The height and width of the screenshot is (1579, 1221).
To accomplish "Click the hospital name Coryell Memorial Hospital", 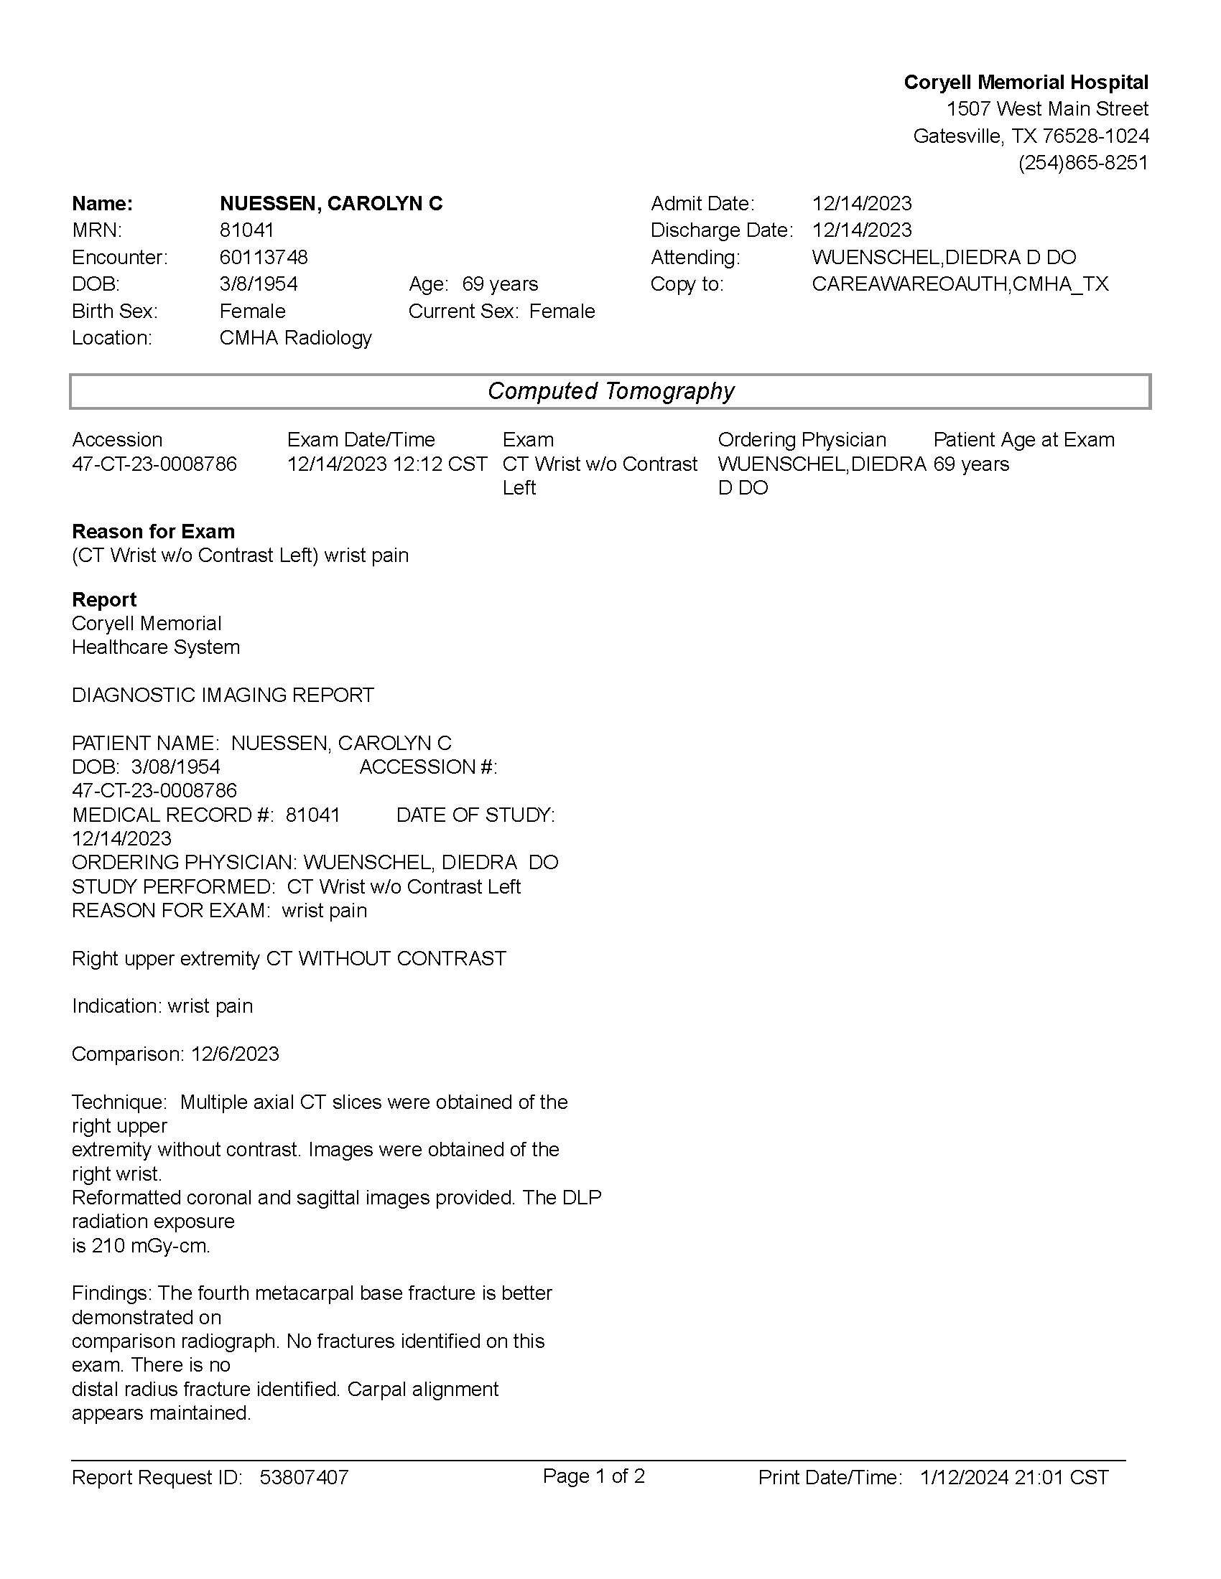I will (x=1025, y=83).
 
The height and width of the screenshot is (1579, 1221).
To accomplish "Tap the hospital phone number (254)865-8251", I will (x=1083, y=163).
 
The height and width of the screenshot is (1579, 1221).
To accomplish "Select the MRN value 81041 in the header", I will (x=246, y=230).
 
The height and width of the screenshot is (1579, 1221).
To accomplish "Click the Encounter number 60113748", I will (x=264, y=258).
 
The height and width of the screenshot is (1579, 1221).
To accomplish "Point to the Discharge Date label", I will (x=721, y=230).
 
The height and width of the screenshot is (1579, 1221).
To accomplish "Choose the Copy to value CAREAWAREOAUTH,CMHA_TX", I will (x=960, y=284).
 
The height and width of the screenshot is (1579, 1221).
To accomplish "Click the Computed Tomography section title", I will (x=610, y=391).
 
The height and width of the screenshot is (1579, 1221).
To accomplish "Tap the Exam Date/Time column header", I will (x=361, y=439).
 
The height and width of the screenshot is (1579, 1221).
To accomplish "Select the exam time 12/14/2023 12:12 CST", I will (x=387, y=464).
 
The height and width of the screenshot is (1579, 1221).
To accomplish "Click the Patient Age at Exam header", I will (x=1023, y=439).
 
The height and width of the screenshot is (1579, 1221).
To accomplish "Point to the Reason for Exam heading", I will (x=154, y=531).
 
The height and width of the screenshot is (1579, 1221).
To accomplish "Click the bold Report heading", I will (x=104, y=599).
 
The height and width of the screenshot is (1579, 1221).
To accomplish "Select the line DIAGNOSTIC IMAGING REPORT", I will (x=223, y=695).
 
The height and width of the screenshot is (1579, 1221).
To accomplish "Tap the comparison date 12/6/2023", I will (x=235, y=1054).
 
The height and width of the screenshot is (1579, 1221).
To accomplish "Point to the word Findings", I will (x=111, y=1293).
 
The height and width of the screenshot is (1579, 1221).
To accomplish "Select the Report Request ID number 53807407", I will (x=304, y=1477).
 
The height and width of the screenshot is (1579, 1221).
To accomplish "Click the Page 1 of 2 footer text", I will (x=593, y=1476).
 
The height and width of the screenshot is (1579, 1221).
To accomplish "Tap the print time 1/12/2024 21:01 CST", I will (x=1014, y=1477).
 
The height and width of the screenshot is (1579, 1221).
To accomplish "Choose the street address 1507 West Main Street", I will (x=1046, y=109).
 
